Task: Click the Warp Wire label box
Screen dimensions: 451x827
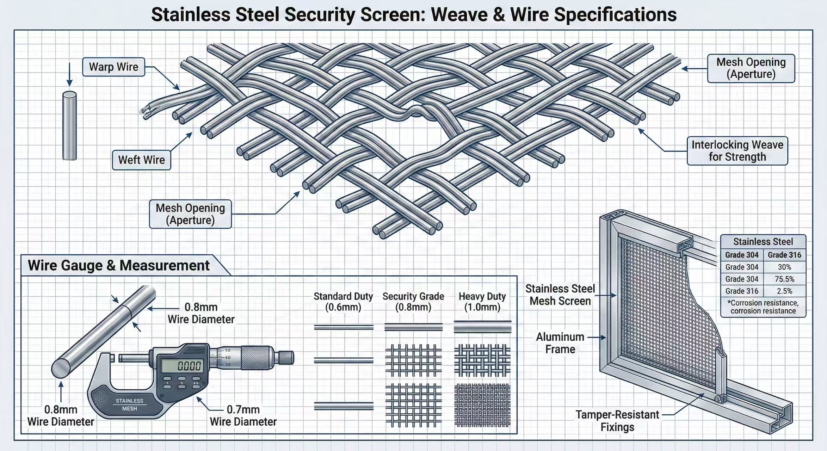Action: tap(113, 67)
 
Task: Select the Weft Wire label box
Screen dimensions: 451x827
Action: tap(141, 160)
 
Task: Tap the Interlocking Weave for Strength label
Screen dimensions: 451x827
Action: tap(737, 151)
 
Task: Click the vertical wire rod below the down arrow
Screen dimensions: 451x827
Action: tap(69, 126)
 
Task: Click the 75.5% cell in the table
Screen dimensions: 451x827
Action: tap(784, 279)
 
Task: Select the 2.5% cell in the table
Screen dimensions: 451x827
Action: tap(784, 291)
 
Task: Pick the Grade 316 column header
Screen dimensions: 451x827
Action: tap(784, 255)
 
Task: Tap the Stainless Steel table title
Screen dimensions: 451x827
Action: tap(763, 242)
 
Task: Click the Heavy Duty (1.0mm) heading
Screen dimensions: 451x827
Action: tap(482, 302)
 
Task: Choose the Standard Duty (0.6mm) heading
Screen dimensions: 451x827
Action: tap(343, 302)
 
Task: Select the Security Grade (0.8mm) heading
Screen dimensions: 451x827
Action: tap(413, 302)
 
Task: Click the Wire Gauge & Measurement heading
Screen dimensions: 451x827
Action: tap(119, 265)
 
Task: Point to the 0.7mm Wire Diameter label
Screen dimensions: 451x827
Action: tap(243, 415)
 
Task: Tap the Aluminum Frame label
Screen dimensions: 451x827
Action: tap(560, 343)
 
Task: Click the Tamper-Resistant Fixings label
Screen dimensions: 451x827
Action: tap(617, 421)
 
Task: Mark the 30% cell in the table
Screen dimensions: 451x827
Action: tap(784, 267)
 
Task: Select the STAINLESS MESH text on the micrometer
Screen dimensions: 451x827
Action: tap(130, 405)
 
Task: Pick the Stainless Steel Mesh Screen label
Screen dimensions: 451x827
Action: tap(560, 295)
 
